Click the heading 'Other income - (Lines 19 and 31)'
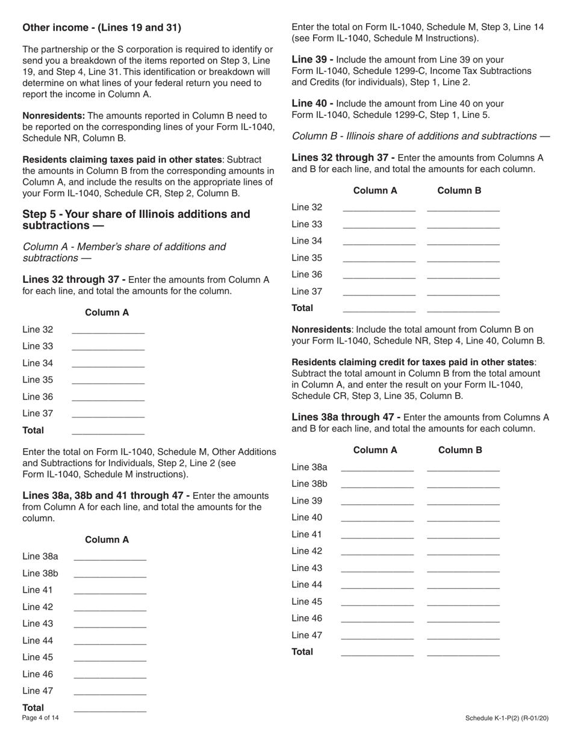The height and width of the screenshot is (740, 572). click(102, 28)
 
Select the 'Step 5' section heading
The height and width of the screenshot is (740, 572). click(136, 220)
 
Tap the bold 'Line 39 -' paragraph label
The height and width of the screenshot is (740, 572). click(312, 60)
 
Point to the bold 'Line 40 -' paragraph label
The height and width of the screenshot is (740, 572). click(312, 103)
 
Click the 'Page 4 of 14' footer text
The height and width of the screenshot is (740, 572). click(40, 718)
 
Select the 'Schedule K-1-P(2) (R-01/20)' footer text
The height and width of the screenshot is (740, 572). click(507, 718)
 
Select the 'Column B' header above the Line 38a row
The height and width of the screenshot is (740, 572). click(460, 451)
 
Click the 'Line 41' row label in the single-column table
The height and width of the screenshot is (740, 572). click(38, 590)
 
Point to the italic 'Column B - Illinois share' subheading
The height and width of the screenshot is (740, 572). click(420, 137)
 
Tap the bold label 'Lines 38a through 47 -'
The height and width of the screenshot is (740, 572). click(346, 418)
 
